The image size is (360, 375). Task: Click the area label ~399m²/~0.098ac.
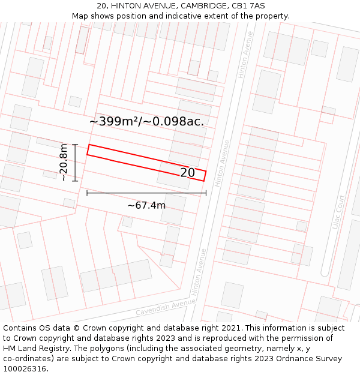coord(146,121)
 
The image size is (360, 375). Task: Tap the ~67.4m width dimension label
coord(146,205)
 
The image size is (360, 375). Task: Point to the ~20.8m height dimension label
coord(64,162)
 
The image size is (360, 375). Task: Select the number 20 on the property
coord(188,173)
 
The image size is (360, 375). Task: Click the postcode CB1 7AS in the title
coord(248,6)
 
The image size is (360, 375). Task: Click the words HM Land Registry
coord(31,349)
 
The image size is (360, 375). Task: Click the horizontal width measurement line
coord(146,193)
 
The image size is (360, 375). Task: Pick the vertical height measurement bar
coord(75,162)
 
